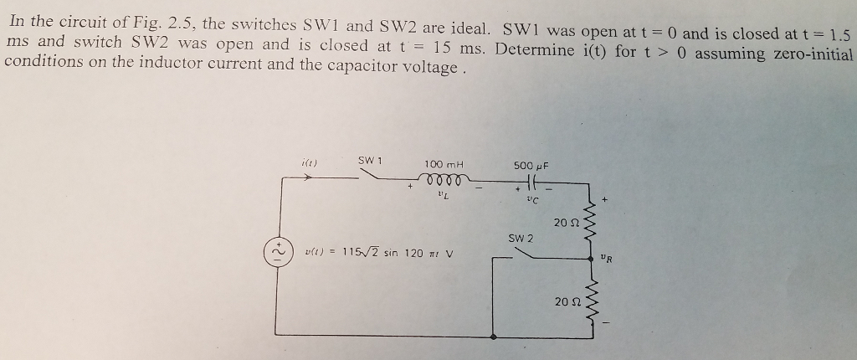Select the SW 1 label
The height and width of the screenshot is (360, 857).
point(370,159)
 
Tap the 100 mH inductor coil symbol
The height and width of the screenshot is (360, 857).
point(441,178)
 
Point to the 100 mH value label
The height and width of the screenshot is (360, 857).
point(444,163)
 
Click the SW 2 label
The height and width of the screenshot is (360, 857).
point(521,239)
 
